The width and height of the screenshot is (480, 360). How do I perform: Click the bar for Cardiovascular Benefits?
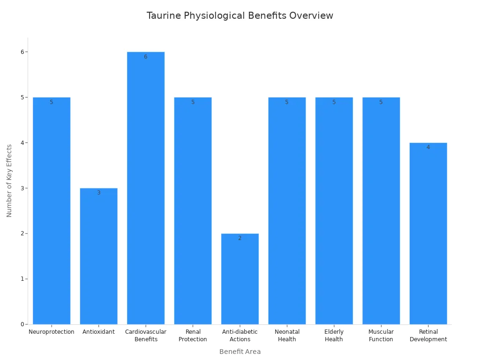(x=145, y=187)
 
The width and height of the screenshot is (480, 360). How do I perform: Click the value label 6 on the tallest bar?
(x=145, y=57)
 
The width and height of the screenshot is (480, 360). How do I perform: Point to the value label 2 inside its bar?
(x=240, y=238)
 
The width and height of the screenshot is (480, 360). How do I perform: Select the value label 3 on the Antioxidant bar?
(x=98, y=193)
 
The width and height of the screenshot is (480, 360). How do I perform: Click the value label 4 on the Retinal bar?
(x=428, y=147)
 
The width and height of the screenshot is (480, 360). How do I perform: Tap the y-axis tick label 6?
(x=22, y=52)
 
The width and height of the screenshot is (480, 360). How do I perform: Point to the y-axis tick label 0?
(x=22, y=324)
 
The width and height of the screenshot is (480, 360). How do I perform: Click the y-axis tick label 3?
(x=22, y=188)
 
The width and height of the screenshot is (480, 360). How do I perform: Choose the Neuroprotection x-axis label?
(x=52, y=332)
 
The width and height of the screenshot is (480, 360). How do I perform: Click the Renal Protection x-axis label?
(x=193, y=336)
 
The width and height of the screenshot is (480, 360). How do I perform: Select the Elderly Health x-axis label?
(x=334, y=336)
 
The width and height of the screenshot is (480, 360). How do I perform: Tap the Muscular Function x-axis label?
(x=381, y=336)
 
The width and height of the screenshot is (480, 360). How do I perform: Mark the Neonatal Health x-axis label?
(x=287, y=336)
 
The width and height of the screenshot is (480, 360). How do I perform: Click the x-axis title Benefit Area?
(x=240, y=352)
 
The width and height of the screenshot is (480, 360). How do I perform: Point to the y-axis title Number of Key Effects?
(x=9, y=180)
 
